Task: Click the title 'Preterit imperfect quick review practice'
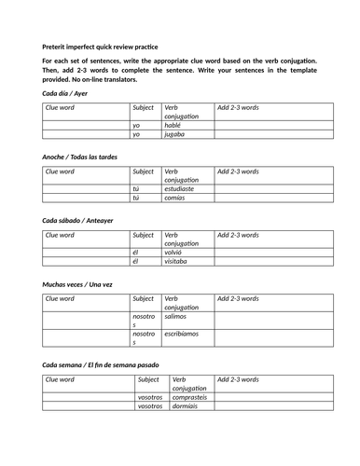pos(99,47)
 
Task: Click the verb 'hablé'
pos(173,125)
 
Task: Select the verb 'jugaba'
pos(174,134)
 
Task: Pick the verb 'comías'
pos(175,198)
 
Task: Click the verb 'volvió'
pos(174,252)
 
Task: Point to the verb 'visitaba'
pos(177,262)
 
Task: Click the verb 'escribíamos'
pos(184,333)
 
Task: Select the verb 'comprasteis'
pos(187,397)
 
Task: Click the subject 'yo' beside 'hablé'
pos(136,125)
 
